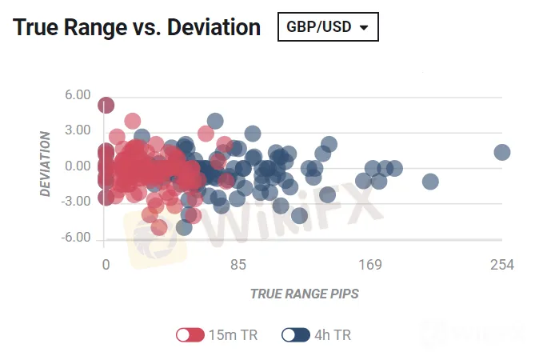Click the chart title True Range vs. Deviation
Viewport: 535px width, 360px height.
[137, 27]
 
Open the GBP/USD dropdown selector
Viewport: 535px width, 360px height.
[328, 27]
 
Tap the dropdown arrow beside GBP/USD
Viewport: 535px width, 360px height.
[364, 28]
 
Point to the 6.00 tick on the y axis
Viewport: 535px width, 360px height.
[78, 95]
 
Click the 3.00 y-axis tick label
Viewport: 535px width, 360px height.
[78, 130]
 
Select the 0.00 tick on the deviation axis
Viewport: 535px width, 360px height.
[78, 166]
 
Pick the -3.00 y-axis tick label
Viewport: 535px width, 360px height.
[76, 202]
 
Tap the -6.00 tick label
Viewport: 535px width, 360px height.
[76, 237]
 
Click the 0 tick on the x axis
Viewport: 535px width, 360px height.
[106, 265]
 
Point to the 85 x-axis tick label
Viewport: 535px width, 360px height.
[238, 265]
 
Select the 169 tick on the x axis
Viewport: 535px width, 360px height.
[370, 265]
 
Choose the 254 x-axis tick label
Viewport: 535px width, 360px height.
[502, 265]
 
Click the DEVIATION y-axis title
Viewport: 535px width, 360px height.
[45, 164]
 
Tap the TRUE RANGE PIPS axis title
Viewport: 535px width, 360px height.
[305, 294]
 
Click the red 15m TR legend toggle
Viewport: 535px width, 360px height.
[190, 334]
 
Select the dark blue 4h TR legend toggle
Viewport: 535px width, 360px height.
[296, 334]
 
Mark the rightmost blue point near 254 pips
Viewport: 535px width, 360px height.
[502, 152]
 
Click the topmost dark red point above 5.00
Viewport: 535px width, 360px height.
[106, 105]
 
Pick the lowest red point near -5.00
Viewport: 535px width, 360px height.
[158, 227]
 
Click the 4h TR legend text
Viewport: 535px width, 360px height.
[333, 335]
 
